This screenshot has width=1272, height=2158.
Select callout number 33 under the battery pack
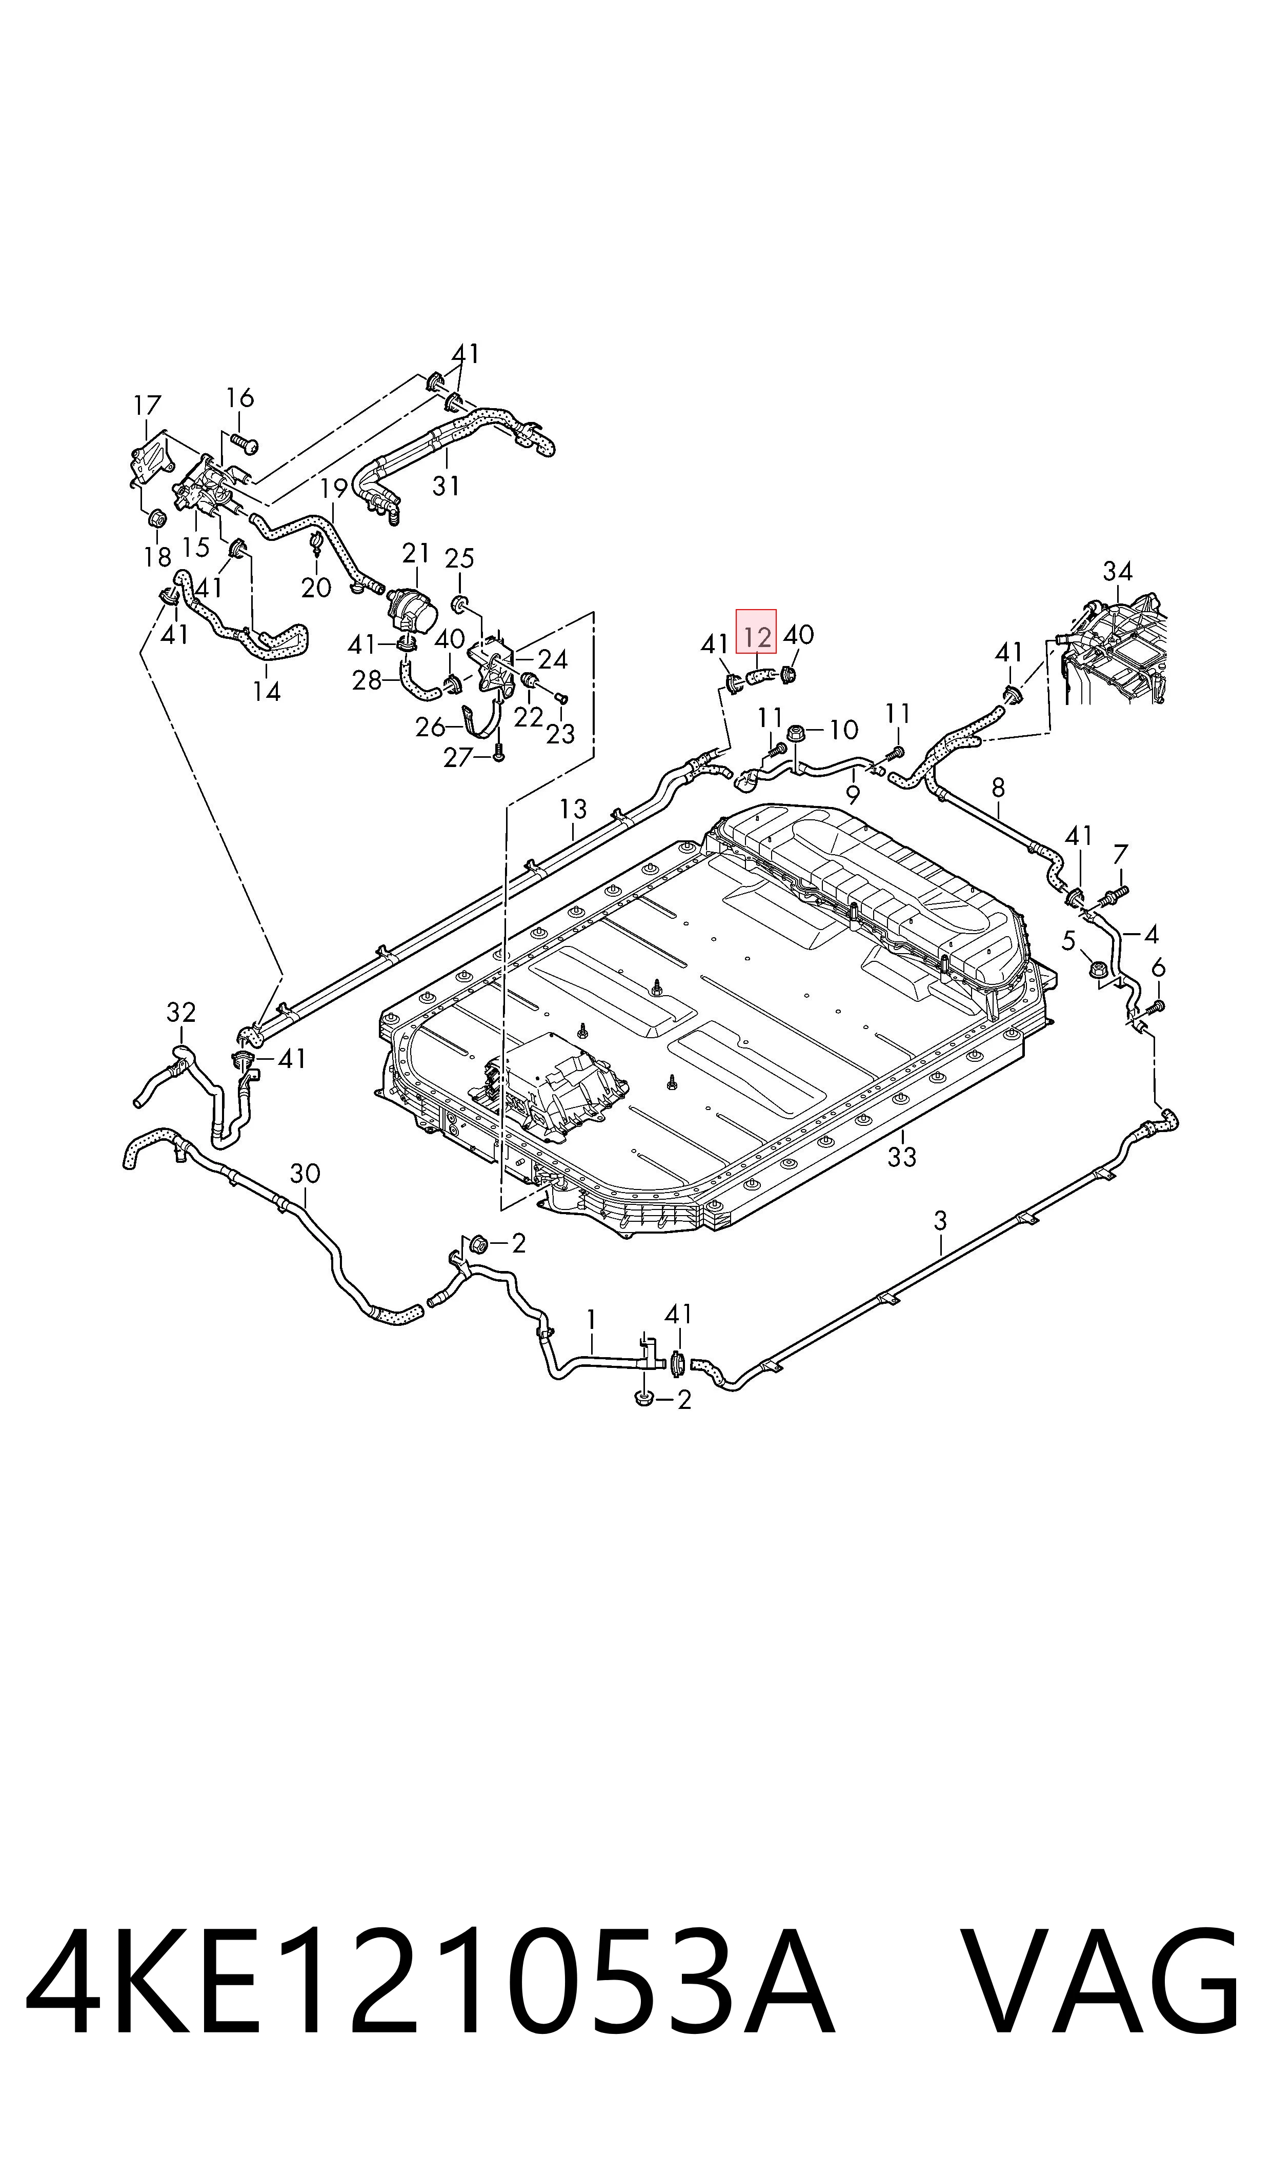(x=902, y=1157)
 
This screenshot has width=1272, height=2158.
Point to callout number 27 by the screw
(x=458, y=757)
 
